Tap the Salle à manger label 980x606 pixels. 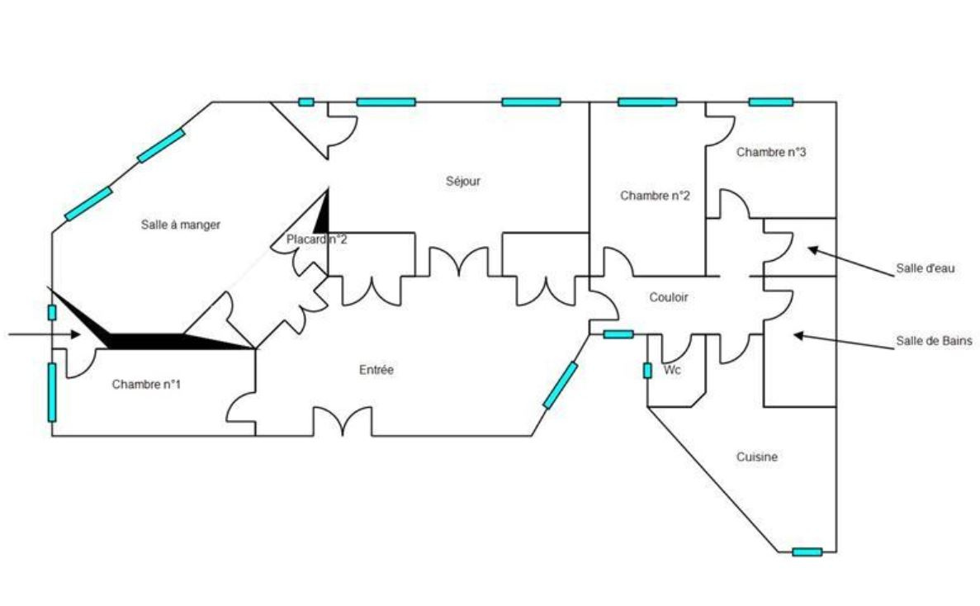[180, 225]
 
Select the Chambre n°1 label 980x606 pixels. [146, 384]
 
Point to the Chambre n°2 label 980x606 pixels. [655, 196]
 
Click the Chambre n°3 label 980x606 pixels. [771, 153]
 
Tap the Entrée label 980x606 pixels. [376, 370]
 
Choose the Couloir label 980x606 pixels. [669, 297]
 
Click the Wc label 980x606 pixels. [673, 371]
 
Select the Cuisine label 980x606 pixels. [757, 457]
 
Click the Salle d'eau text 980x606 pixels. [926, 268]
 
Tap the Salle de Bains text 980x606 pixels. [933, 340]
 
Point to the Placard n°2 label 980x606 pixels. [316, 239]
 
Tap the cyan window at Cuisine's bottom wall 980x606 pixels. [807, 552]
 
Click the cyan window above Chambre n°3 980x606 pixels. [770, 102]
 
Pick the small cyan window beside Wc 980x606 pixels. [647, 371]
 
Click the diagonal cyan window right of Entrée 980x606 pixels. [560, 385]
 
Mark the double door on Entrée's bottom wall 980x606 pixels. [342, 423]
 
